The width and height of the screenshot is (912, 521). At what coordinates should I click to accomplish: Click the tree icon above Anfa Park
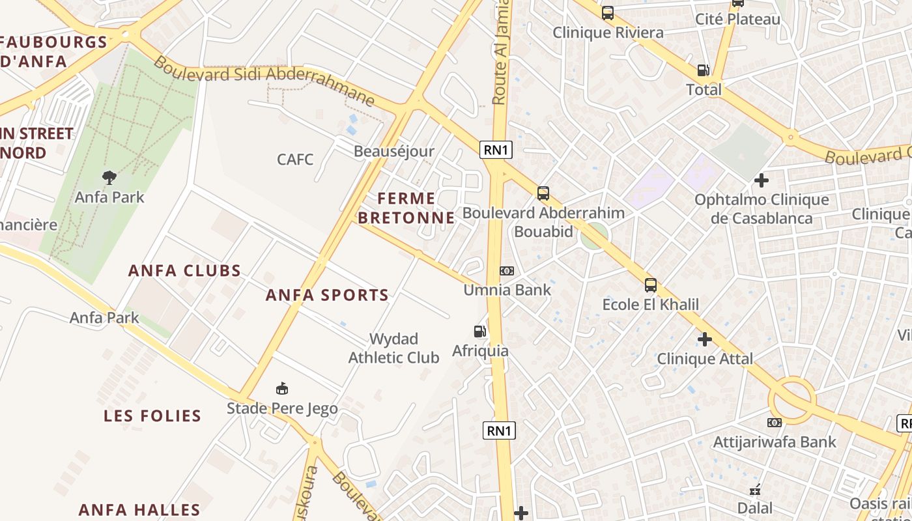[x=109, y=176]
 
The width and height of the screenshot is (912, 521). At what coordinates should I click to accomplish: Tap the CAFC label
[x=295, y=160]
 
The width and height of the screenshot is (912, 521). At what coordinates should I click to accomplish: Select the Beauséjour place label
[x=393, y=152]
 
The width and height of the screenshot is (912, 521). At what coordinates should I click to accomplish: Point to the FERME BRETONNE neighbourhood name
[x=406, y=208]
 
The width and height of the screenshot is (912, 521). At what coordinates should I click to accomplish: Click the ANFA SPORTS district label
[x=327, y=295]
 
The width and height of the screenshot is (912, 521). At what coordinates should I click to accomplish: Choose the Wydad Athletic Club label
[x=393, y=348]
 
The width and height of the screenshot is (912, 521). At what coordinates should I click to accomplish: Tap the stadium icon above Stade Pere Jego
[x=282, y=389]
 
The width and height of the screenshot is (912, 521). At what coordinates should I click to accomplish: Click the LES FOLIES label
[x=152, y=415]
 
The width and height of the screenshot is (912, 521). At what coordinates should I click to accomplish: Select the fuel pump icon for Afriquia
[x=480, y=331]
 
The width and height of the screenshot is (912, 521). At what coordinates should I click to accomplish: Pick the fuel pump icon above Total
[x=704, y=70]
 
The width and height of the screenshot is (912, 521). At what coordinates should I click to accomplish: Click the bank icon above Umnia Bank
[x=507, y=270]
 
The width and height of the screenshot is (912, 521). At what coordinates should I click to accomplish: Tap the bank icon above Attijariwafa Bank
[x=775, y=423]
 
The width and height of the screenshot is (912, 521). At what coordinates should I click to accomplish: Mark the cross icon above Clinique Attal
[x=705, y=339]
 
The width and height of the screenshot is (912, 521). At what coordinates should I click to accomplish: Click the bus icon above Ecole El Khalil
[x=650, y=285]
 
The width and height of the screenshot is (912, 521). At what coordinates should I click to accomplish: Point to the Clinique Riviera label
[x=608, y=33]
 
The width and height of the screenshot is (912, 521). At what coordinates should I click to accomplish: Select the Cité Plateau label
[x=737, y=20]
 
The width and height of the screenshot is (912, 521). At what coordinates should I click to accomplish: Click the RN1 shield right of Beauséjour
[x=496, y=150]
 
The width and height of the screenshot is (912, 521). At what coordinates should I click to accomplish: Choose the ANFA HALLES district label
[x=139, y=509]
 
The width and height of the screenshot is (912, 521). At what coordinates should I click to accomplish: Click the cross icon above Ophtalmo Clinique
[x=762, y=180]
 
